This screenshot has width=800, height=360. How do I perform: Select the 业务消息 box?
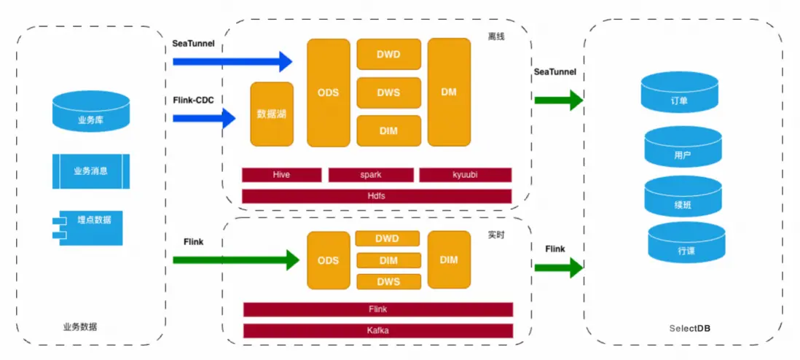pyautogui.click(x=90, y=171)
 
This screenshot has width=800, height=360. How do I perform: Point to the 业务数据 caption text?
pyautogui.click(x=80, y=327)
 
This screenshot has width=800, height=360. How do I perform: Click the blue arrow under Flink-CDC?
pyautogui.click(x=204, y=117)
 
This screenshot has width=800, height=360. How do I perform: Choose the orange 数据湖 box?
pyautogui.click(x=271, y=114)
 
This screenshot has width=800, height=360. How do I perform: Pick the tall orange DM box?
pyautogui.click(x=449, y=92)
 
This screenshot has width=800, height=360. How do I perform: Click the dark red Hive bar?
pyautogui.click(x=281, y=175)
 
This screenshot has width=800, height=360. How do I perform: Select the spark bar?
pyautogui.click(x=371, y=175)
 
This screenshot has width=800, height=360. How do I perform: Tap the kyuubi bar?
pyautogui.click(x=465, y=175)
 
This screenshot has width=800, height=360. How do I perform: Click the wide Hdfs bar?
pyautogui.click(x=377, y=195)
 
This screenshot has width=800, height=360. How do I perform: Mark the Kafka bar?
pyautogui.click(x=377, y=331)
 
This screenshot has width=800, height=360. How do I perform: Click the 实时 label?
pyautogui.click(x=497, y=235)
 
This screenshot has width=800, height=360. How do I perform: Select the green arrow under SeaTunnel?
pyautogui.click(x=558, y=98)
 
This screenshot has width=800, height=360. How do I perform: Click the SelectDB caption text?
pyautogui.click(x=689, y=329)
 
